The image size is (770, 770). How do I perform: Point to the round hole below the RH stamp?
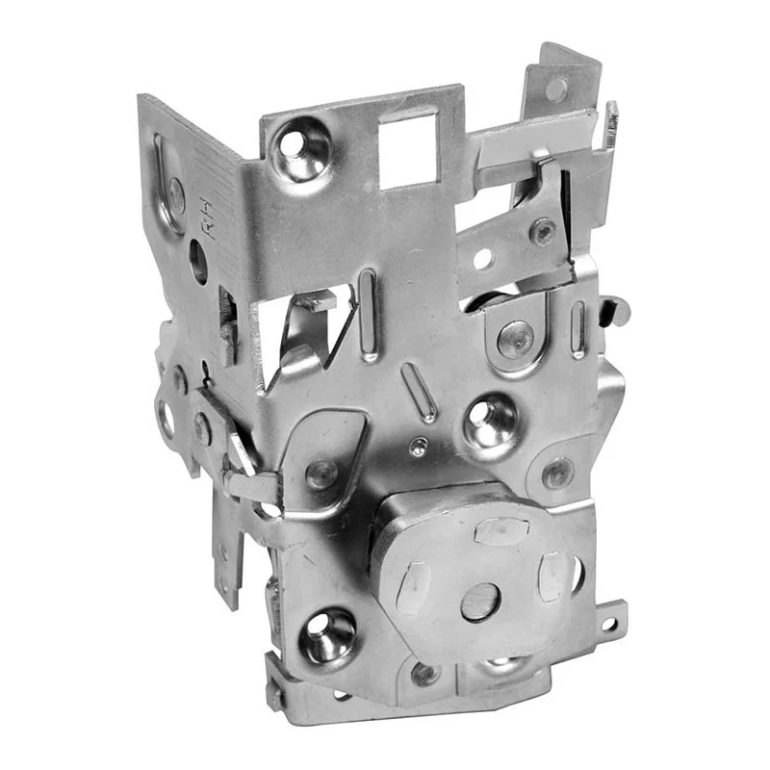198,261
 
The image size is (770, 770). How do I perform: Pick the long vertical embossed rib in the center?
368,315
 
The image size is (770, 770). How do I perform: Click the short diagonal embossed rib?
419,393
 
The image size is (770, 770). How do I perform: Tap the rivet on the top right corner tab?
556,89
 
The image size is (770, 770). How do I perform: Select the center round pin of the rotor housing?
480,602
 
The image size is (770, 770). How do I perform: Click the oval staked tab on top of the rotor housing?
501,531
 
